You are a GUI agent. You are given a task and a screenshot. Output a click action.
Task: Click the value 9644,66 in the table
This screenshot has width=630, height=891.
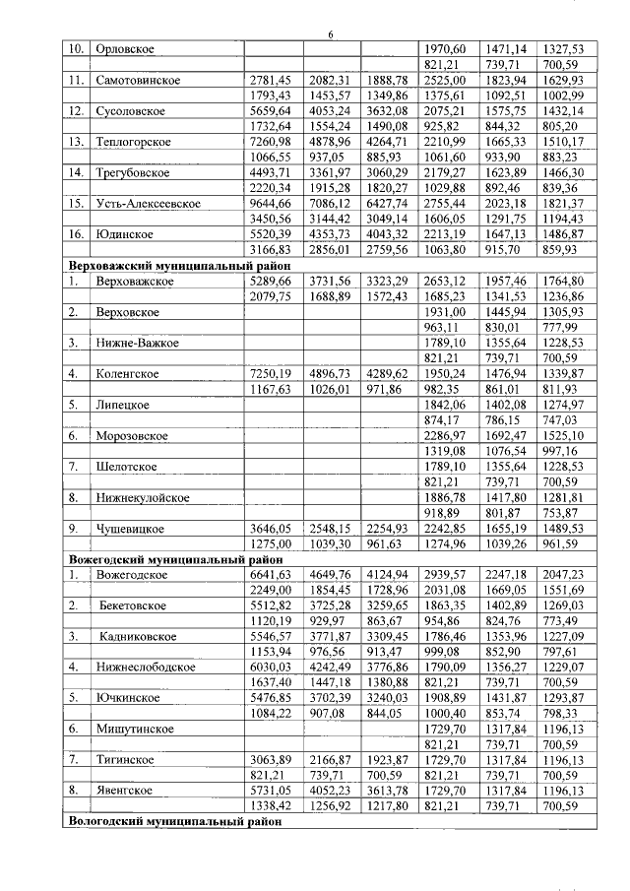click(270, 203)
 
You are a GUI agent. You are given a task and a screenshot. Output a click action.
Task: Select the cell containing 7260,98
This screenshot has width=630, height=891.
click(270, 141)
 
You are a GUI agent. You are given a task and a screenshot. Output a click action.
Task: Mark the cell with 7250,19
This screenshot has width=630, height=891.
click(270, 373)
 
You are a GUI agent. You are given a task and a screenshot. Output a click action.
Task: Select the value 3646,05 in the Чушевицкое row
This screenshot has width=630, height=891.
click(270, 528)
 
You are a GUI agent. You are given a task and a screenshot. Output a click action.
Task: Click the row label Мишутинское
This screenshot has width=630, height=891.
click(136, 730)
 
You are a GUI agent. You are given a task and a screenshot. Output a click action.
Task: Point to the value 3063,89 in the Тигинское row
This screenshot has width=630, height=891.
click(270, 760)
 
